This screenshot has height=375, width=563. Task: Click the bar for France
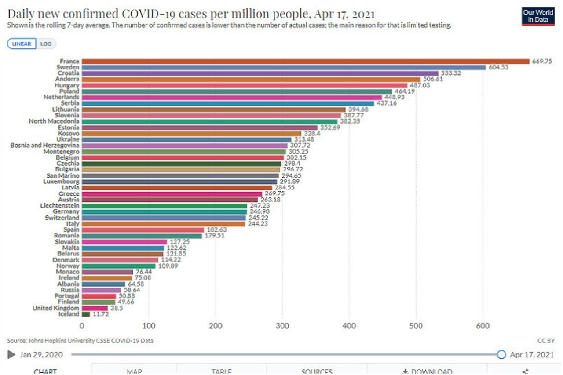click(x=305, y=62)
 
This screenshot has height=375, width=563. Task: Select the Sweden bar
click(x=284, y=68)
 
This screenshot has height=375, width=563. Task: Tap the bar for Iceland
click(x=86, y=314)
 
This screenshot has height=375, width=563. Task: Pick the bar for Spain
click(x=143, y=230)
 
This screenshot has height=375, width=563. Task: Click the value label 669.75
click(x=541, y=62)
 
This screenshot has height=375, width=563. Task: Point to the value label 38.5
click(x=117, y=308)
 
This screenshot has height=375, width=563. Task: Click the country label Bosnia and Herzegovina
click(x=45, y=146)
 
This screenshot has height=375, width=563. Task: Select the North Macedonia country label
click(x=54, y=121)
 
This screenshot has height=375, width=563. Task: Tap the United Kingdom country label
click(x=56, y=308)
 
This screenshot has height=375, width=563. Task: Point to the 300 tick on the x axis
click(x=282, y=326)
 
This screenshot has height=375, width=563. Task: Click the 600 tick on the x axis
click(x=483, y=326)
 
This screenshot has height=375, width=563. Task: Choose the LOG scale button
click(x=46, y=44)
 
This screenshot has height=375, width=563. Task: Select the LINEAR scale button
click(x=22, y=44)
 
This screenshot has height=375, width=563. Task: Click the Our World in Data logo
click(x=538, y=16)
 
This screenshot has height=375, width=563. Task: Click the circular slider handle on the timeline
click(x=501, y=354)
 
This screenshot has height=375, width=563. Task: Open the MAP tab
click(x=134, y=371)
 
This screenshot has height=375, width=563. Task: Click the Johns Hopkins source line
click(x=80, y=341)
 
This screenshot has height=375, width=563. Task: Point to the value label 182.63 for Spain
click(x=215, y=230)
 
